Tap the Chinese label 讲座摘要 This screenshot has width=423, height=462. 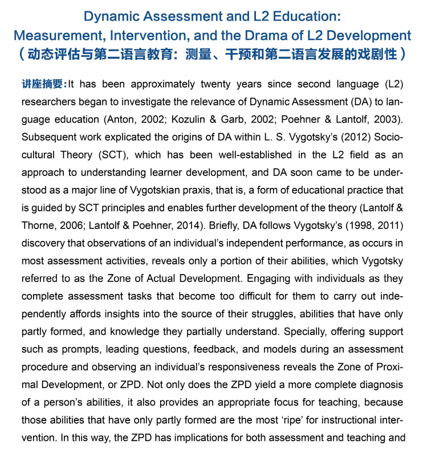pos(44,84)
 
